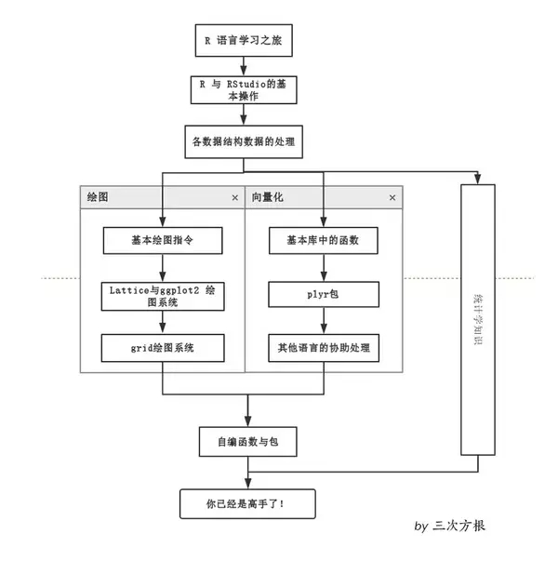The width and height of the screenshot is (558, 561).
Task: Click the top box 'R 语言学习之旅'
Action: pyautogui.click(x=244, y=40)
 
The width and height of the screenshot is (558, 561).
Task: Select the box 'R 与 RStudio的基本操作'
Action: pyautogui.click(x=244, y=90)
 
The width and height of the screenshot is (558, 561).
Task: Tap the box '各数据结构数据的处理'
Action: pyautogui.click(x=244, y=141)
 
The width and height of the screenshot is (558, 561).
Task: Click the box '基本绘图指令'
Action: pyautogui.click(x=163, y=240)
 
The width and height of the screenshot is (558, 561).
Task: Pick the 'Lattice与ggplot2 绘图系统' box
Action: pyautogui.click(x=163, y=296)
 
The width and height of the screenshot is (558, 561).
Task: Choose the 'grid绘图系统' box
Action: pyautogui.click(x=163, y=348)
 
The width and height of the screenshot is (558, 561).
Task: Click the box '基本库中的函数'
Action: pyautogui.click(x=324, y=240)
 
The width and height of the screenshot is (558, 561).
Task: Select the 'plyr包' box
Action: pyautogui.click(x=324, y=294)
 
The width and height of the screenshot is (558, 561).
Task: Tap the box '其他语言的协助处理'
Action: pyautogui.click(x=324, y=348)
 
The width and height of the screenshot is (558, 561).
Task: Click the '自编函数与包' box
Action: pyautogui.click(x=248, y=442)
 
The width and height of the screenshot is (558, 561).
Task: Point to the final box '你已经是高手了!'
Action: pyautogui.click(x=247, y=503)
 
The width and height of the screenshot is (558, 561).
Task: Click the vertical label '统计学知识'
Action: pyautogui.click(x=478, y=319)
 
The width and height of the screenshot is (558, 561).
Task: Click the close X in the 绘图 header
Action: pyautogui.click(x=235, y=197)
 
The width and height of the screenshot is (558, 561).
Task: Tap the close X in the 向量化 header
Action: pyautogui.click(x=392, y=197)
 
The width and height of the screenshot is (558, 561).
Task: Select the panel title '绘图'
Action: pyautogui.click(x=98, y=197)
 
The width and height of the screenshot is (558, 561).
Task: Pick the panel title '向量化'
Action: pyautogui.click(x=267, y=197)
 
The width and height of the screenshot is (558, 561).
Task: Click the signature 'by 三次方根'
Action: pyautogui.click(x=449, y=526)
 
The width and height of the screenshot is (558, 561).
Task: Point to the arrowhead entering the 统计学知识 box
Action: pyautogui.click(x=477, y=179)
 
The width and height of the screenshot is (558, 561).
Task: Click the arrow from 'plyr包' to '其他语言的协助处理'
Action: pyautogui.click(x=324, y=321)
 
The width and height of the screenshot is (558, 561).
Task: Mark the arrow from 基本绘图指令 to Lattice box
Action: pyautogui.click(x=163, y=268)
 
